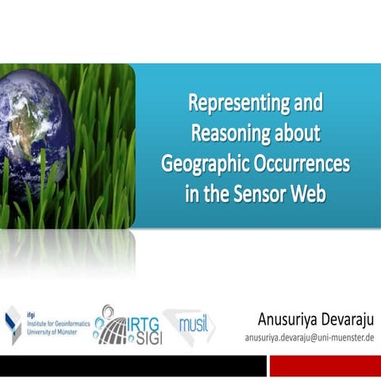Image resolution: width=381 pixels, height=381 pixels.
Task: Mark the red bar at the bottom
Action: (325, 366)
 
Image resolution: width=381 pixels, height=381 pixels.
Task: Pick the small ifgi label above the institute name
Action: (31, 314)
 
